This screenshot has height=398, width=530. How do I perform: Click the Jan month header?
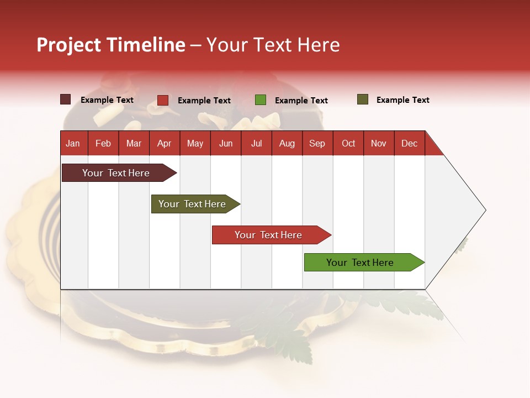click(x=73, y=144)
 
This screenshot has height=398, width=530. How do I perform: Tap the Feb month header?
click(x=103, y=144)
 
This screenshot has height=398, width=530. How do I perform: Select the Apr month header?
click(x=165, y=144)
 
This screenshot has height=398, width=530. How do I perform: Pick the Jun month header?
click(x=226, y=144)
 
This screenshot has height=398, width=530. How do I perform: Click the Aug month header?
click(x=287, y=144)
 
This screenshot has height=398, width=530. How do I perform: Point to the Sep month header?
click(x=317, y=144)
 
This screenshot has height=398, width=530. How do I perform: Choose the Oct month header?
click(x=348, y=144)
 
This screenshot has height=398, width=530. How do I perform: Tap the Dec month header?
click(x=410, y=144)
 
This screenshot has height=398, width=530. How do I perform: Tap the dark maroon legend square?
click(x=66, y=99)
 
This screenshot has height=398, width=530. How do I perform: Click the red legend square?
click(x=163, y=100)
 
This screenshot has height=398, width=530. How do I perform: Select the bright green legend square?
click(x=261, y=100)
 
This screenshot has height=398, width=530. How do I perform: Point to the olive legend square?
click(x=363, y=99)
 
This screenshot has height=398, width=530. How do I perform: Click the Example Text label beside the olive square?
click(x=402, y=100)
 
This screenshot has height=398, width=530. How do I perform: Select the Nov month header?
click(x=379, y=144)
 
